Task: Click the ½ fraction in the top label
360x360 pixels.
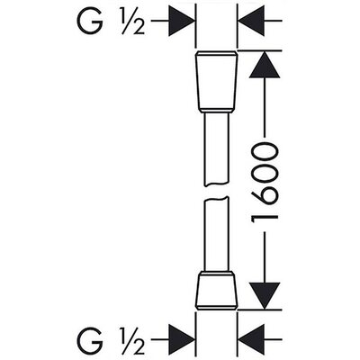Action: (x=132, y=22)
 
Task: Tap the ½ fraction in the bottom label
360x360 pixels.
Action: (x=132, y=340)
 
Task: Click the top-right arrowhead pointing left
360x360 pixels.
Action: (x=251, y=21)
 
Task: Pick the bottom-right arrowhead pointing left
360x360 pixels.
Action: (x=251, y=340)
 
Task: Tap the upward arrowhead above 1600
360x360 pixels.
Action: (x=265, y=65)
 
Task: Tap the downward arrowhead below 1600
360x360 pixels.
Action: (x=265, y=295)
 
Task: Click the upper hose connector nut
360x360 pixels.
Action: (x=216, y=82)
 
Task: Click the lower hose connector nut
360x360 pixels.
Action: (x=216, y=291)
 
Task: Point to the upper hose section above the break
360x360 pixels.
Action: (x=216, y=149)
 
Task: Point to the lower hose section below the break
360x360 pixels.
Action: (x=216, y=235)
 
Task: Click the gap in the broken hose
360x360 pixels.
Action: (x=216, y=192)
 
